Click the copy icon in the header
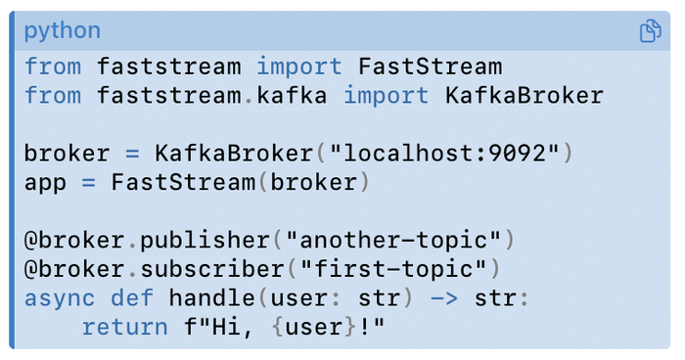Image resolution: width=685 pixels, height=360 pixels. pyautogui.click(x=651, y=31)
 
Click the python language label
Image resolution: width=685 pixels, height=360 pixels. pyautogui.click(x=62, y=30)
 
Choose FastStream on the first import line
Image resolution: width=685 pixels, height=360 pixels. pyautogui.click(x=431, y=67)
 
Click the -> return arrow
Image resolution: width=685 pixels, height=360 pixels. pyautogui.click(x=444, y=297)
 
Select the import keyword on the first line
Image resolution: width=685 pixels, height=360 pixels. pyautogui.click(x=299, y=67)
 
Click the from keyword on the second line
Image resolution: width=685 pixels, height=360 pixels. pyautogui.click(x=54, y=96)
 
